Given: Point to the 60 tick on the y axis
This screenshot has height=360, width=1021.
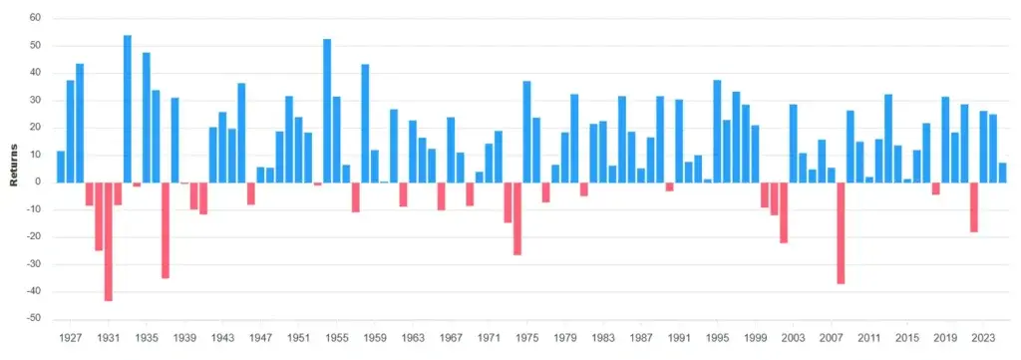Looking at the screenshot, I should [34, 18].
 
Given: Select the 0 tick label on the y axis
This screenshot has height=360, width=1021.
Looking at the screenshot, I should [37, 182].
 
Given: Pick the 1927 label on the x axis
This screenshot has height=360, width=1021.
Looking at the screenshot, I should [70, 339].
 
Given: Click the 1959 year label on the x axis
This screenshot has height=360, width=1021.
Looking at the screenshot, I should [374, 339].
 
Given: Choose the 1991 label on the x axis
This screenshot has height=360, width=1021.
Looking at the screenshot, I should [678, 339].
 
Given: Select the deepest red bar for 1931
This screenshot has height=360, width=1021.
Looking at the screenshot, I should [108, 241].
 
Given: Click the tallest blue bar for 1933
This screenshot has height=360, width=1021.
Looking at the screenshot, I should [128, 109].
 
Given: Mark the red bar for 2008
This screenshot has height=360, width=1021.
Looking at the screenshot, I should [841, 232].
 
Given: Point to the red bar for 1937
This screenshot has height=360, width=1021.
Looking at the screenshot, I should [166, 229].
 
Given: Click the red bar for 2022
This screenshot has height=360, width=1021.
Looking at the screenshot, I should [974, 206].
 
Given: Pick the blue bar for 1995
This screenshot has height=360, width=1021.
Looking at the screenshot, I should [717, 131].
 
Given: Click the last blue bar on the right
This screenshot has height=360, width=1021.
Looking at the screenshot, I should [1002, 173].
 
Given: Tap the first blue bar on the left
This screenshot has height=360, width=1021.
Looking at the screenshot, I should [61, 167].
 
